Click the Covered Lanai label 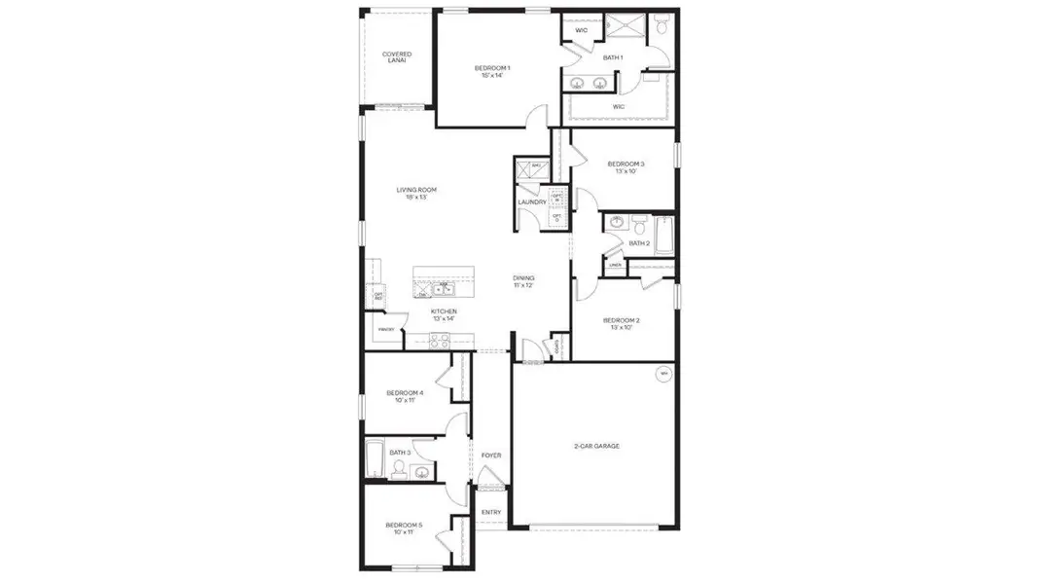pyautogui.click(x=396, y=57)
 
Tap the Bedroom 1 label pyautogui.click(x=492, y=67)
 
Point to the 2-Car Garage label pyautogui.click(x=596, y=446)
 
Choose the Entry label pyautogui.click(x=491, y=512)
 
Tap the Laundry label pyautogui.click(x=531, y=201)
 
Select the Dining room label pyautogui.click(x=524, y=278)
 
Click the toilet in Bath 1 pyautogui.click(x=662, y=26)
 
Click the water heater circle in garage pyautogui.click(x=664, y=374)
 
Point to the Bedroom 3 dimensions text pyautogui.click(x=626, y=171)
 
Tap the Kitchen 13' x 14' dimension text pyautogui.click(x=444, y=318)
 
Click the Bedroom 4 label pyautogui.click(x=406, y=393)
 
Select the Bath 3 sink pyautogui.click(x=421, y=472)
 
